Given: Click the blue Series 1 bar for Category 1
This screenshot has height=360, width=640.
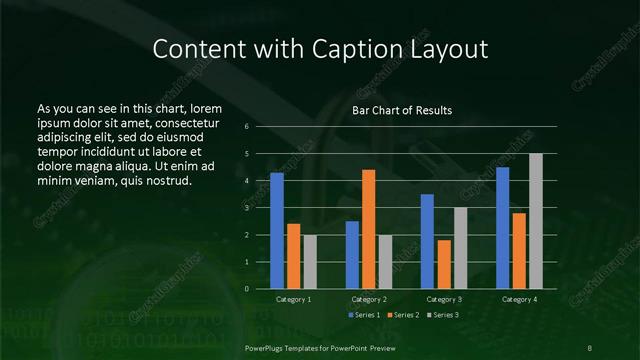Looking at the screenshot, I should (x=277, y=231).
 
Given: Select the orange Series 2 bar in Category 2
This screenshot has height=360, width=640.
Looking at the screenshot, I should (x=368, y=229).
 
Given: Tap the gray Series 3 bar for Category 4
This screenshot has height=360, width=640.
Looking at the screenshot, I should (x=536, y=221).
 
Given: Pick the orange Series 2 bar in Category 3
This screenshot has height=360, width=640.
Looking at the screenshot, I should (x=443, y=264).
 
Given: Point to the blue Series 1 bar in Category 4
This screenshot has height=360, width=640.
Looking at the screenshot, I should (x=502, y=228).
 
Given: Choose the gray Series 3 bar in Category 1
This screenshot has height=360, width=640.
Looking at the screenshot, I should (x=310, y=262).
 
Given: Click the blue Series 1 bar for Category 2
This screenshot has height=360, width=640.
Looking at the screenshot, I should (x=352, y=255).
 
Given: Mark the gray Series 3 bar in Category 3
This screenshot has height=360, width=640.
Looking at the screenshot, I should (x=460, y=248).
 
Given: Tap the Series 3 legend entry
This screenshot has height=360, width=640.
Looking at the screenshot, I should (x=443, y=315).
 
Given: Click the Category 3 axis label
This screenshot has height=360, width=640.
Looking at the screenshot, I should (x=444, y=299).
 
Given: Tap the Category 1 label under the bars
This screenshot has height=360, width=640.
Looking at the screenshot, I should (x=293, y=299).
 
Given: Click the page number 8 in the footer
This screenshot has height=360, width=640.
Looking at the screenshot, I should (x=590, y=346).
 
